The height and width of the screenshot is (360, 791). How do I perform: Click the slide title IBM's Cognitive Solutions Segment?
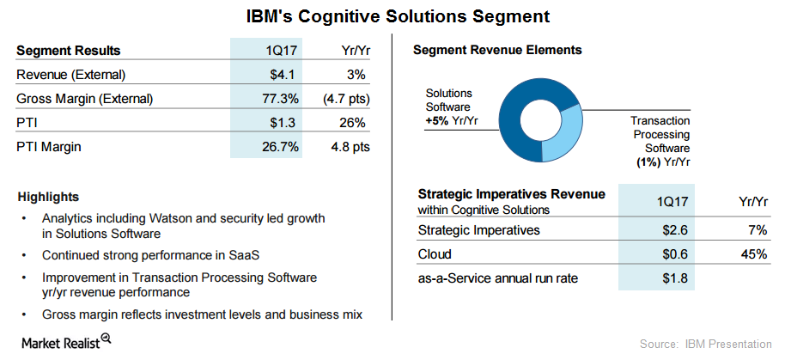(395, 16)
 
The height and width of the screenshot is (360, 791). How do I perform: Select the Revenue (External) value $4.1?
(285, 74)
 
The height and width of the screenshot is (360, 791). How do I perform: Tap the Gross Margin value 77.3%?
(280, 99)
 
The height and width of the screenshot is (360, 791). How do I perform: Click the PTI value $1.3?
(285, 123)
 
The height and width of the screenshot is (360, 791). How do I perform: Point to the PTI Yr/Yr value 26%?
(352, 123)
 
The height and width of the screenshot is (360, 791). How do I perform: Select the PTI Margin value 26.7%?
(280, 147)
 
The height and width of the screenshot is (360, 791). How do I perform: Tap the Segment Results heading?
(69, 50)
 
